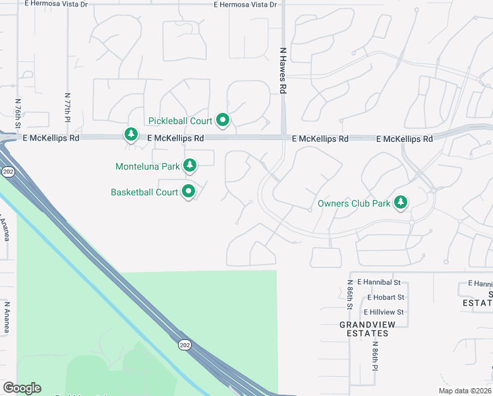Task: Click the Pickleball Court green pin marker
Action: coord(223,120)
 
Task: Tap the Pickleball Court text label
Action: coord(180,121)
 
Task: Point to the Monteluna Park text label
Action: coord(148,166)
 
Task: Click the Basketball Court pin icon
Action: coord(189,192)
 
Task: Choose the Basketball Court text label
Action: coord(144,192)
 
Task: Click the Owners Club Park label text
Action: coord(354,203)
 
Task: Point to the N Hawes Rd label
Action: coord(283,69)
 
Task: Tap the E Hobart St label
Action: coord(380,298)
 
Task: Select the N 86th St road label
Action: coord(350,296)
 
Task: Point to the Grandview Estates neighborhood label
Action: coord(364,329)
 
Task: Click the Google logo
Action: coord(22,388)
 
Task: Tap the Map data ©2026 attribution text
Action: coord(464,391)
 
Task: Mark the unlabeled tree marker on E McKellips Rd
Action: coord(131,135)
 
